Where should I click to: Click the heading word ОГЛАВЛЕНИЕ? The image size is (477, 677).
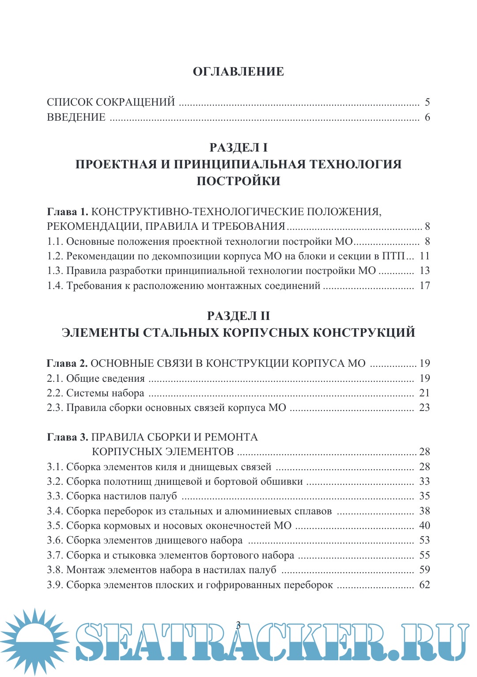238,72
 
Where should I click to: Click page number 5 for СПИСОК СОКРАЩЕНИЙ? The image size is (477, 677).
427,103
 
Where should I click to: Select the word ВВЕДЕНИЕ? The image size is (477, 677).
76,118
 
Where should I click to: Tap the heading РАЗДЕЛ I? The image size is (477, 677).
238,148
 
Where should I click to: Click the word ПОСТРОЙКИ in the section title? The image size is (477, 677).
238,181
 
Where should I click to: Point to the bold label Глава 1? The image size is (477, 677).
68,212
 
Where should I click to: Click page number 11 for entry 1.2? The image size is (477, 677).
424,256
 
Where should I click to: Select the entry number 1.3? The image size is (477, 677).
55,271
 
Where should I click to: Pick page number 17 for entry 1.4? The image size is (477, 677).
424,286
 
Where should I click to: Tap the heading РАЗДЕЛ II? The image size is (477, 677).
238,316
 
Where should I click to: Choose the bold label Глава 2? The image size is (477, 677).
68,364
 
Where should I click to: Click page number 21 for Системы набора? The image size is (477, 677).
424,393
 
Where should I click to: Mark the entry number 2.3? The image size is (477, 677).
55,408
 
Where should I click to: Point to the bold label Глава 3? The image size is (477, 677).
68,437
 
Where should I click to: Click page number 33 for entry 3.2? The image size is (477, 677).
424,482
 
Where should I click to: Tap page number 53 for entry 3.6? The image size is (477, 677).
424,540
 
